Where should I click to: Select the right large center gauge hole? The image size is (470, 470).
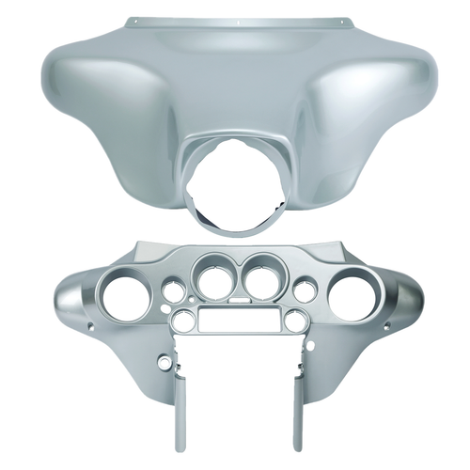tap(258, 279)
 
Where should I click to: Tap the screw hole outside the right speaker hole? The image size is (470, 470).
tap(382, 327)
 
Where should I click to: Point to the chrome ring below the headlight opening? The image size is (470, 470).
tap(234, 228)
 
